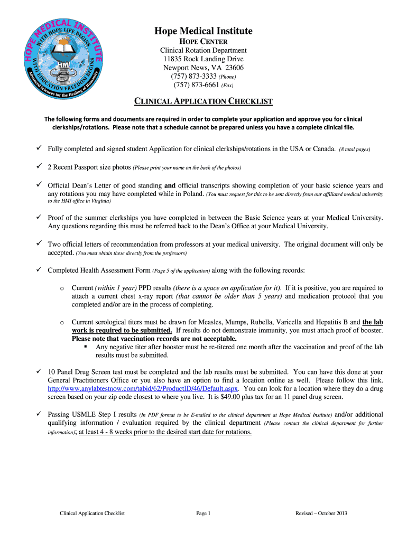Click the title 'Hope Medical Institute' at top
pyautogui.click(x=203, y=31)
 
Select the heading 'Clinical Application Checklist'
pyautogui.click(x=203, y=101)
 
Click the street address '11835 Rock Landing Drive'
pyautogui.click(x=203, y=59)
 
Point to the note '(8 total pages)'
pyautogui.click(x=355, y=150)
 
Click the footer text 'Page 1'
pyautogui.click(x=203, y=513)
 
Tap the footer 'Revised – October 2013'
pyautogui.click(x=321, y=513)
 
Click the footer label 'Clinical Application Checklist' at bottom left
pyautogui.click(x=92, y=513)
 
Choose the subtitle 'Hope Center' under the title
pyautogui.click(x=203, y=42)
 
